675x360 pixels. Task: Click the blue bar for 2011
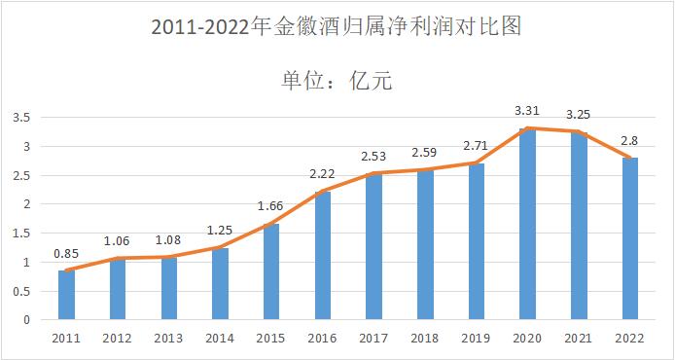tap(66, 295)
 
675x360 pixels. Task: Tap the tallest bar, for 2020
tap(527, 224)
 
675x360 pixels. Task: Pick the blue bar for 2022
tap(629, 238)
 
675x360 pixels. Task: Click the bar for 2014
tap(220, 283)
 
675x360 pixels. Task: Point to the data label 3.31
tap(527, 110)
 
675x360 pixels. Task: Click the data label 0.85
tap(66, 253)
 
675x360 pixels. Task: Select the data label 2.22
tap(322, 173)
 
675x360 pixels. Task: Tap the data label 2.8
tap(629, 140)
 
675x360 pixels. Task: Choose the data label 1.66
tap(270, 206)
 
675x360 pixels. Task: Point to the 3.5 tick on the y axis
tap(21, 118)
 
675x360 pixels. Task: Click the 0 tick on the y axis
tap(27, 319)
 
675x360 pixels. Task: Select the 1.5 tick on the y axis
tap(21, 234)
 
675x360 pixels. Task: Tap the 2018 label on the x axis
tap(424, 337)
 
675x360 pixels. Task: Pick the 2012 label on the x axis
tap(117, 337)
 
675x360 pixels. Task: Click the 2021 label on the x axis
tap(578, 337)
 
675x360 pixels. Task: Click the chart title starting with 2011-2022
tap(337, 26)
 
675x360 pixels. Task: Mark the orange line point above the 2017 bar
tap(373, 174)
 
